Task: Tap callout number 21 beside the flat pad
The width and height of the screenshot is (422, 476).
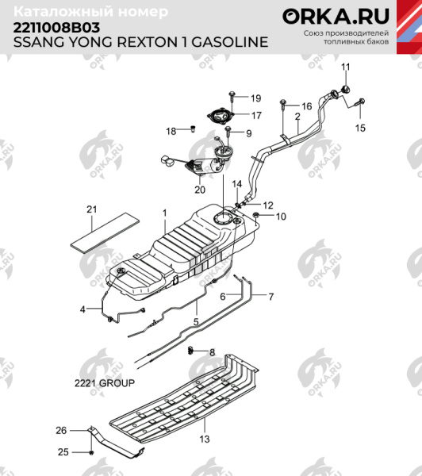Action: tap(91, 209)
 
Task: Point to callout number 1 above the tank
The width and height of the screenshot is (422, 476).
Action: tap(165, 213)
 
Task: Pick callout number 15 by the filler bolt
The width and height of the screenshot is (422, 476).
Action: tap(361, 127)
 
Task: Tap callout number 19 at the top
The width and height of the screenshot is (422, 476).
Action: tap(255, 98)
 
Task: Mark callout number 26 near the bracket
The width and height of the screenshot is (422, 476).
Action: tap(61, 431)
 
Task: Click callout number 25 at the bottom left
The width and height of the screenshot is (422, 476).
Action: tap(61, 452)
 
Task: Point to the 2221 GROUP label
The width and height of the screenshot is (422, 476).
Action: tap(104, 382)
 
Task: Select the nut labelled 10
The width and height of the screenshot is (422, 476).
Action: tap(258, 215)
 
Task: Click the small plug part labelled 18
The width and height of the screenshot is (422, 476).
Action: tap(192, 127)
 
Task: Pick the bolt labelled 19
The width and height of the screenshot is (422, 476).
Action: tap(232, 97)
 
